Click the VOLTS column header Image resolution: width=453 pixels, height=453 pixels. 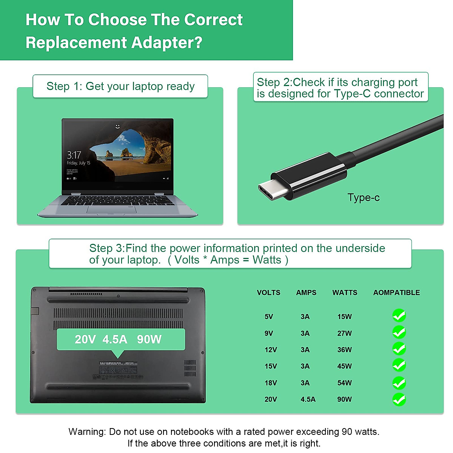point(268,293)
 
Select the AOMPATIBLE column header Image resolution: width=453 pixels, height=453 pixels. point(396,293)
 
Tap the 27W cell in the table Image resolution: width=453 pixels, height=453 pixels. point(344,333)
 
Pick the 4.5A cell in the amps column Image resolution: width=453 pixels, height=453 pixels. point(308,399)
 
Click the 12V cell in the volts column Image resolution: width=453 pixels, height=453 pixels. point(271,350)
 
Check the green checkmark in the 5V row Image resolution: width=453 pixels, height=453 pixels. point(399,316)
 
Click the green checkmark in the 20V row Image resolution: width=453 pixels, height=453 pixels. point(399,399)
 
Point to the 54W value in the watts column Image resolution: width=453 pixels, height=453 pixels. point(344,383)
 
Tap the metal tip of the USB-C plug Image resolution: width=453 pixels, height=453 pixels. point(271,192)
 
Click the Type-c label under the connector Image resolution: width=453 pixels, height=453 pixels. point(363,198)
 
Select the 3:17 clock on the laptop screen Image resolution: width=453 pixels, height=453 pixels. point(74,155)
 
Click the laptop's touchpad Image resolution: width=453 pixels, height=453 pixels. point(112,210)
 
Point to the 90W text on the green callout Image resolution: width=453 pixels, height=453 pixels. point(149,339)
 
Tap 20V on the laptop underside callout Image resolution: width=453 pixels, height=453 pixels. point(85,339)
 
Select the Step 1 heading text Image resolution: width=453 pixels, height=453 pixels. point(120,86)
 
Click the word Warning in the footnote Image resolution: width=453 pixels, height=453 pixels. point(87,431)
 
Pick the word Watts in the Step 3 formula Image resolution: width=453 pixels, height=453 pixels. point(267,260)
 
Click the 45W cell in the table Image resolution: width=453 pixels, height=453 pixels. point(344,366)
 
